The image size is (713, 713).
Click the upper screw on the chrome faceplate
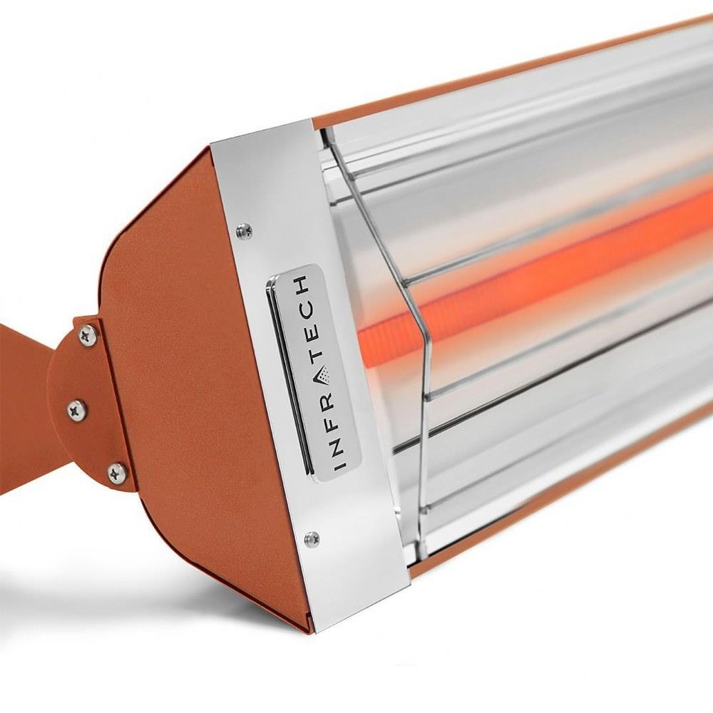point(244,230)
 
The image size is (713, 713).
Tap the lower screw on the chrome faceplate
point(312,539)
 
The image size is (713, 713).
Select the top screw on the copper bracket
point(87,335)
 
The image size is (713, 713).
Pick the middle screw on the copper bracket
point(76,410)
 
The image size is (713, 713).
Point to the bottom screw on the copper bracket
point(116,472)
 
